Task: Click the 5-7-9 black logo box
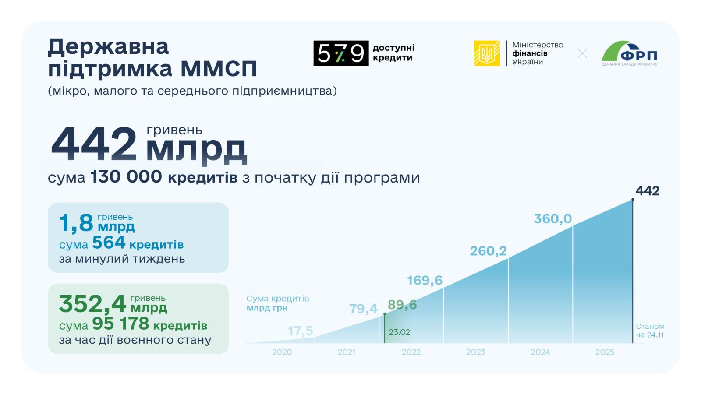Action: coord(341,53)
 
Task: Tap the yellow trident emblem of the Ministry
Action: coord(487,53)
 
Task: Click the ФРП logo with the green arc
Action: coord(629,53)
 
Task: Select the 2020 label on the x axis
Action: coord(282,352)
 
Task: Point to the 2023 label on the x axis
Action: coord(475,352)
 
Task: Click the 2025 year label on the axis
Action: coord(605,352)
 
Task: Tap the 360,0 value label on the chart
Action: coord(552,219)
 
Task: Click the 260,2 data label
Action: coord(488,251)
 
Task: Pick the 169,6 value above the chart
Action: coord(425,281)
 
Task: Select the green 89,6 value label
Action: coord(402,305)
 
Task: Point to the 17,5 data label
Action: coord(301,331)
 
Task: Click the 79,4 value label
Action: coord(363,309)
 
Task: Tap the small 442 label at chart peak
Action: coord(648,191)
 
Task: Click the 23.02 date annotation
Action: coord(399,332)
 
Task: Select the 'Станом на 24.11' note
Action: coord(650,331)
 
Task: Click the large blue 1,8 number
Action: coord(76,223)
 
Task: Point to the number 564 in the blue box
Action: coord(109,243)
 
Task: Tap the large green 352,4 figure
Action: coord(92,304)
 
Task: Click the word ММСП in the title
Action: coord(219,69)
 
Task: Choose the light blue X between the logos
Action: coord(582,53)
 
